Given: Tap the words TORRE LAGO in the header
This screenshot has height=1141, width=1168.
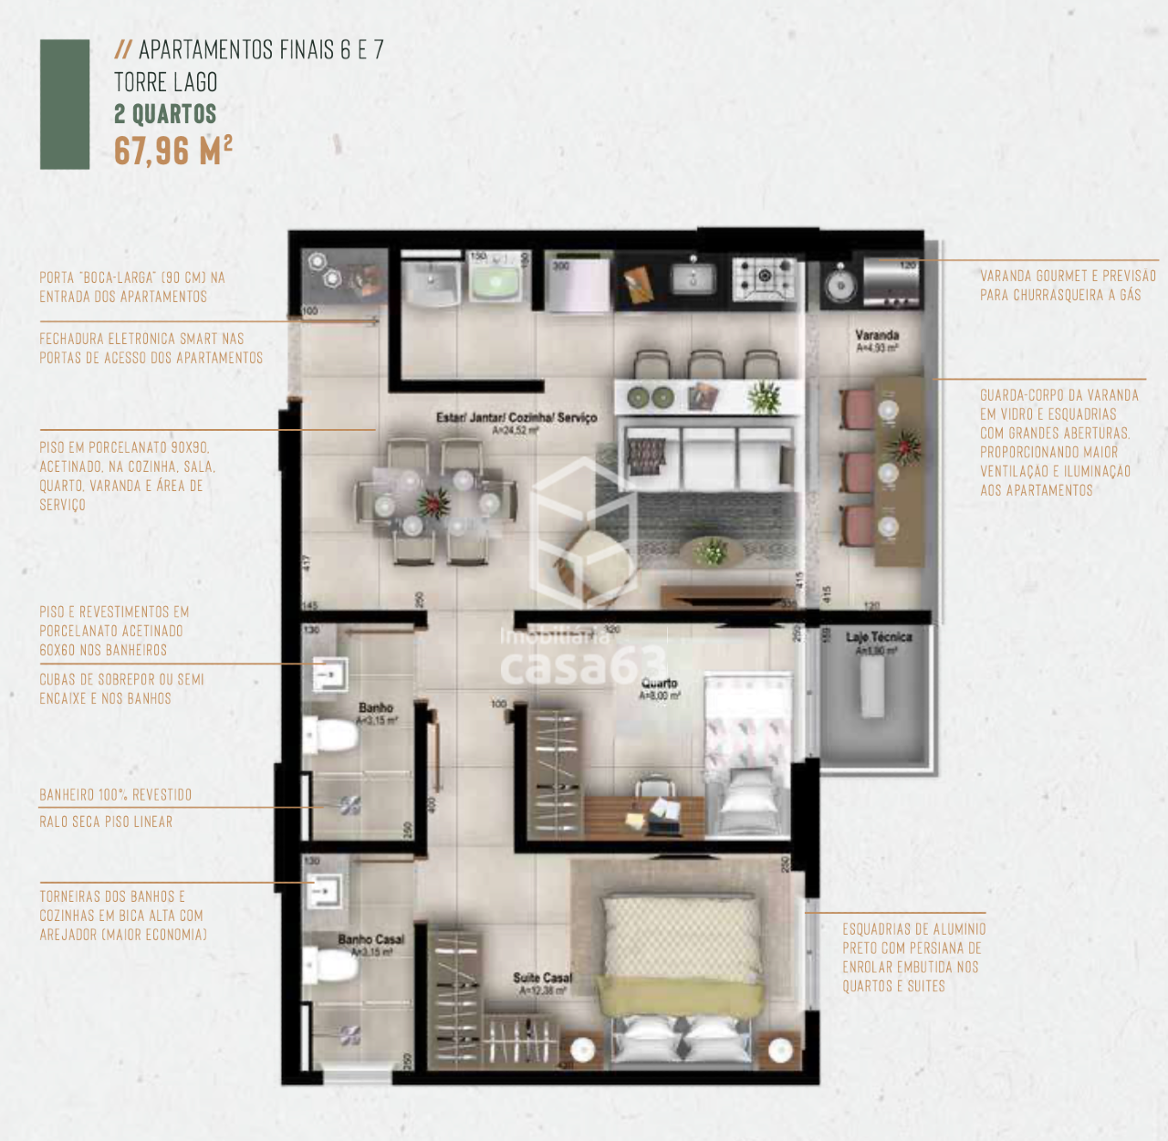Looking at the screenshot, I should point(166,82).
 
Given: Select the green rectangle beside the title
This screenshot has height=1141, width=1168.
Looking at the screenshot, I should point(65,104).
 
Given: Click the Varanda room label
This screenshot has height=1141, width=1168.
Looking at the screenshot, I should point(877,336).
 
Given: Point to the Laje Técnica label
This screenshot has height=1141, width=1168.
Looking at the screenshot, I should point(878,637).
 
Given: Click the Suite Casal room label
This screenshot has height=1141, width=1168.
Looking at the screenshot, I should point(542,979).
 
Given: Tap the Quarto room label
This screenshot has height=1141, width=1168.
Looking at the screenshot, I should point(659,684).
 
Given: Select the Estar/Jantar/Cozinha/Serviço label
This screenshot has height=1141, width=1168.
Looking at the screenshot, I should point(516,418).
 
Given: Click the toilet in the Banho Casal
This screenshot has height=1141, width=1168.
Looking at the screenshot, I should point(332,964).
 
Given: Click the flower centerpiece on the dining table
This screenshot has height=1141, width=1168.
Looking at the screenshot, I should point(433,503).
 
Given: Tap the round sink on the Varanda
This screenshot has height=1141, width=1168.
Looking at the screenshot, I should point(840,285).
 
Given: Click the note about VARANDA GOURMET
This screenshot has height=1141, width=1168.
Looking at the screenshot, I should point(1068,285).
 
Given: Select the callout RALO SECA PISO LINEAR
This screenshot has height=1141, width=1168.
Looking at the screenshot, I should point(106,822).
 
